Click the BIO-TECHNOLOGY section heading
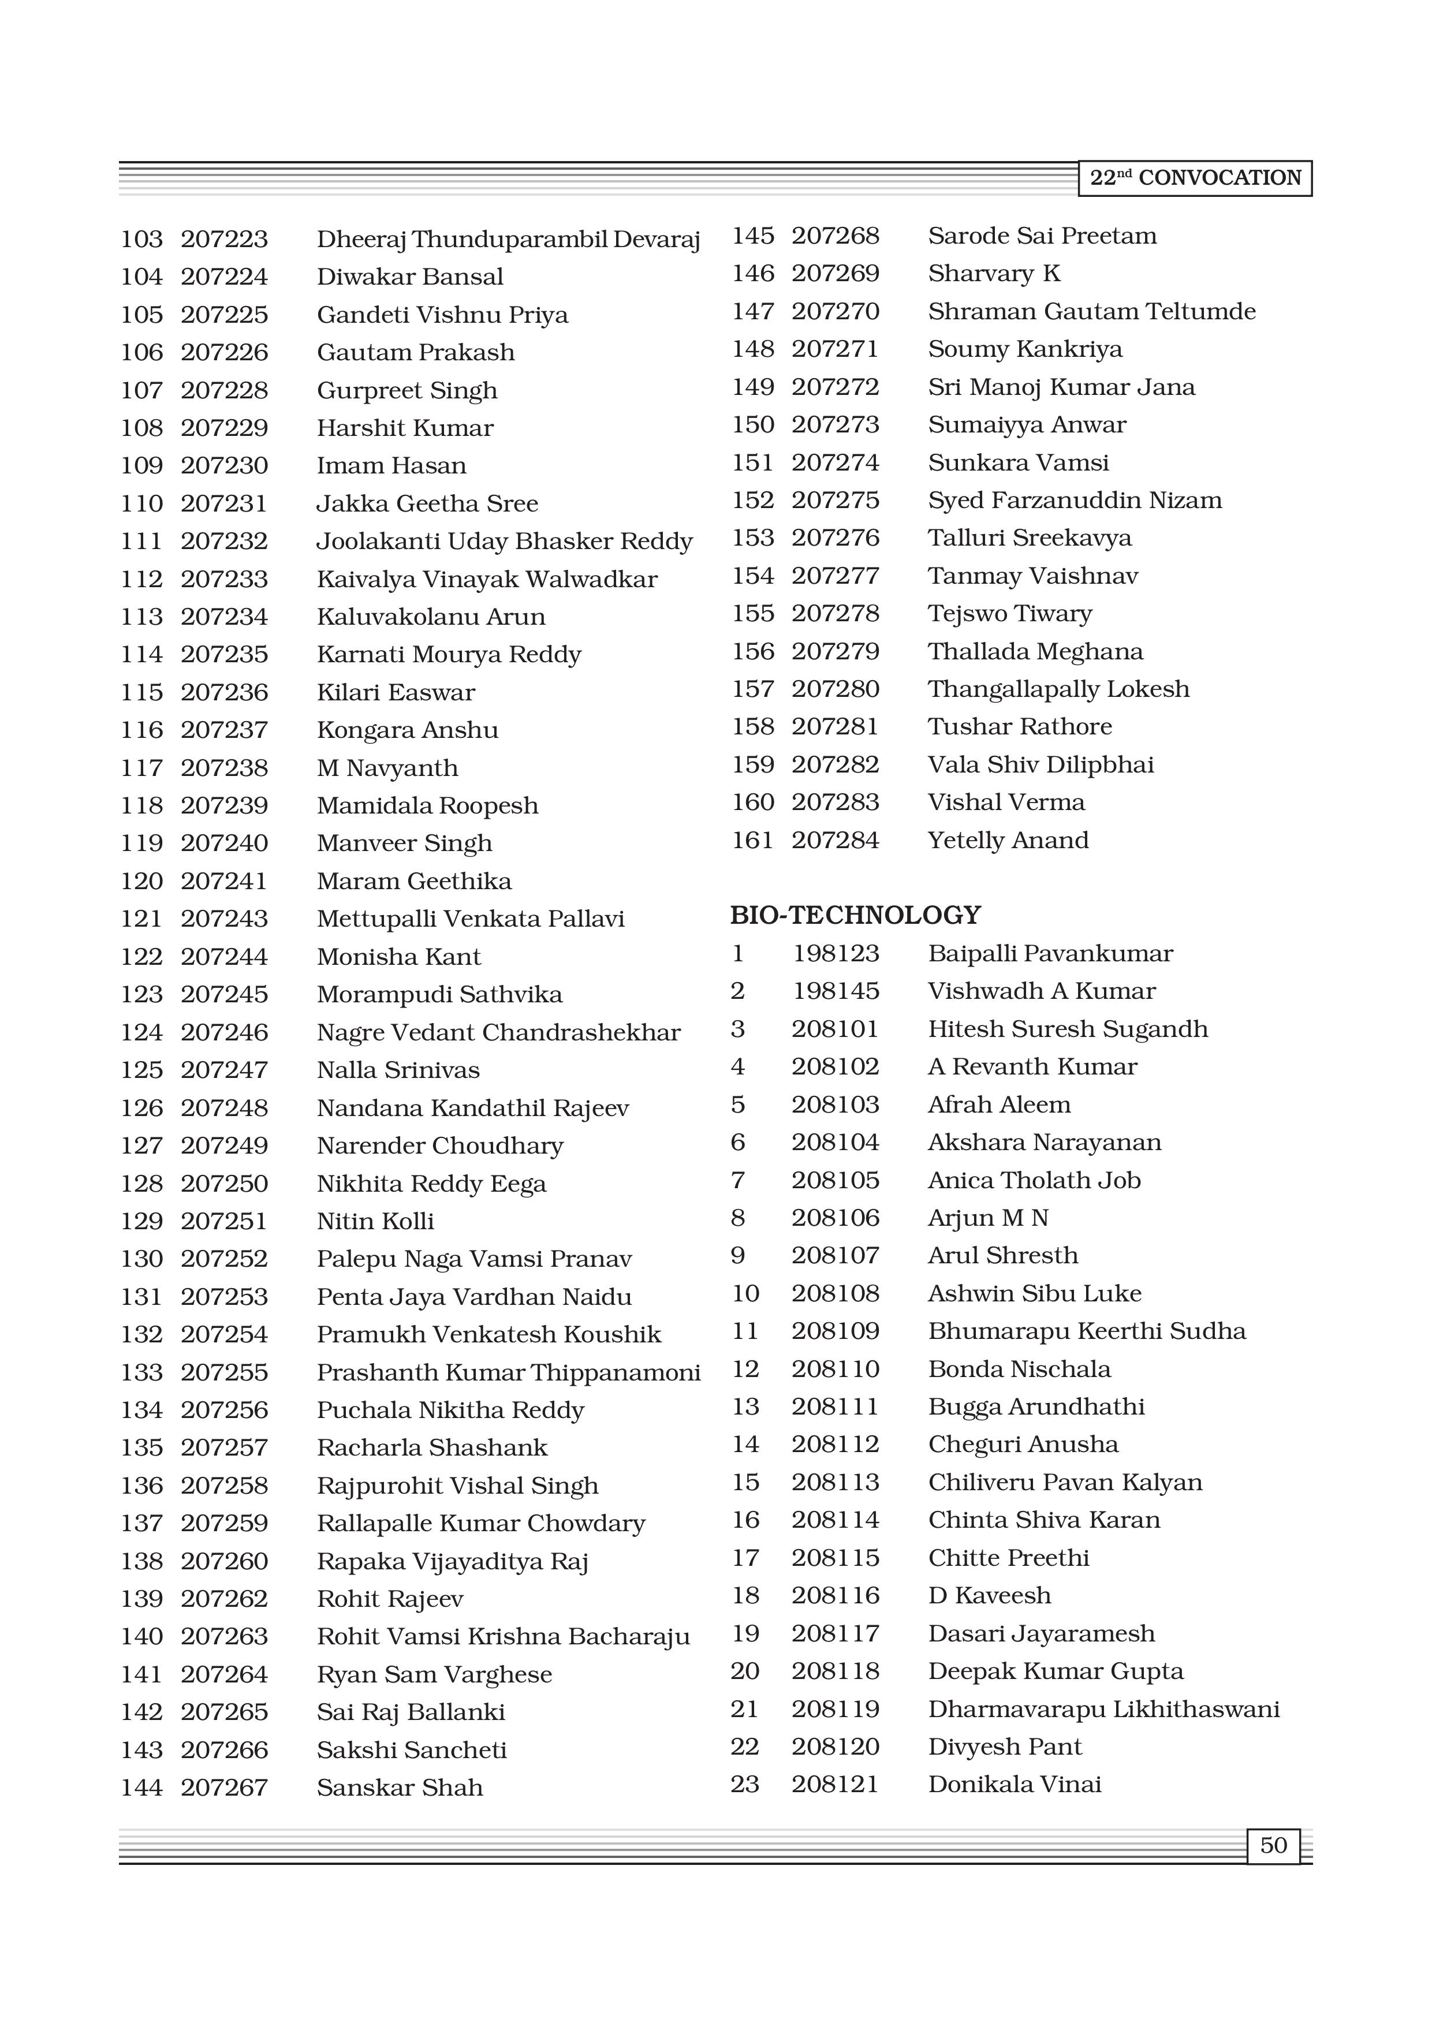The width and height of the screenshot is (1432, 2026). (x=855, y=915)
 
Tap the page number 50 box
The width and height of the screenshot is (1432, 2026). (x=1273, y=1845)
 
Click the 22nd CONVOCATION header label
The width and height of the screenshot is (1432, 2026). (x=1195, y=178)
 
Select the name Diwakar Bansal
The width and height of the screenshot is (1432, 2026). (x=409, y=277)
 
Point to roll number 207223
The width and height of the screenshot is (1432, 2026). (x=224, y=239)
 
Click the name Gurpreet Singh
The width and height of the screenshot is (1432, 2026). (x=407, y=390)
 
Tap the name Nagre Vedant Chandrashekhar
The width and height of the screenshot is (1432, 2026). (x=498, y=1032)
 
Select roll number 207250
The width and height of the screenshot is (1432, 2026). (x=224, y=1183)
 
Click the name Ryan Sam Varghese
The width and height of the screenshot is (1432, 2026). (x=434, y=1674)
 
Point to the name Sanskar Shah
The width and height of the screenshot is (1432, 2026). (x=400, y=1787)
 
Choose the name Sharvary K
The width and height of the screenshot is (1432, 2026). (x=994, y=274)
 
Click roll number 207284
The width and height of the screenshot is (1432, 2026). (x=835, y=840)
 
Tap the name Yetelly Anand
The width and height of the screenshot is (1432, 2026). (x=1008, y=840)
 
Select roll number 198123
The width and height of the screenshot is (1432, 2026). (x=836, y=953)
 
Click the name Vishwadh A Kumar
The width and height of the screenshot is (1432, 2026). (x=1041, y=991)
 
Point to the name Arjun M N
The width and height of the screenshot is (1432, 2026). (x=987, y=1218)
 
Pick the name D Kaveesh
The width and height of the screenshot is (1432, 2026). (x=989, y=1595)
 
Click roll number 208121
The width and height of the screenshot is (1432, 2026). (x=835, y=1784)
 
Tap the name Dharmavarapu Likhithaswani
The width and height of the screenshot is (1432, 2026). (x=1103, y=1708)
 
